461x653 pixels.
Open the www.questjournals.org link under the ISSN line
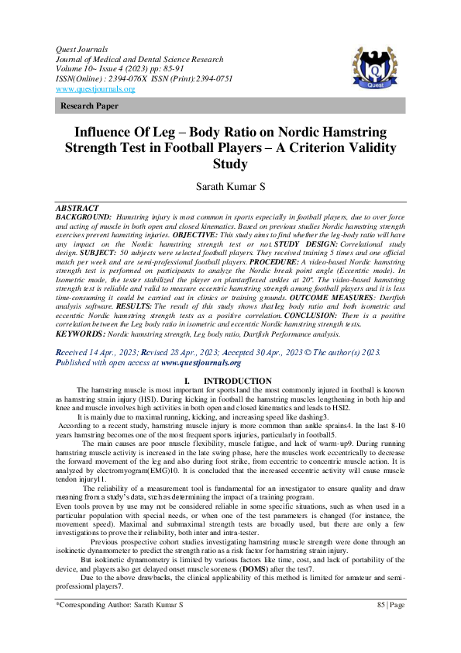[95, 89]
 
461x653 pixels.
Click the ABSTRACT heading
[77, 209]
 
